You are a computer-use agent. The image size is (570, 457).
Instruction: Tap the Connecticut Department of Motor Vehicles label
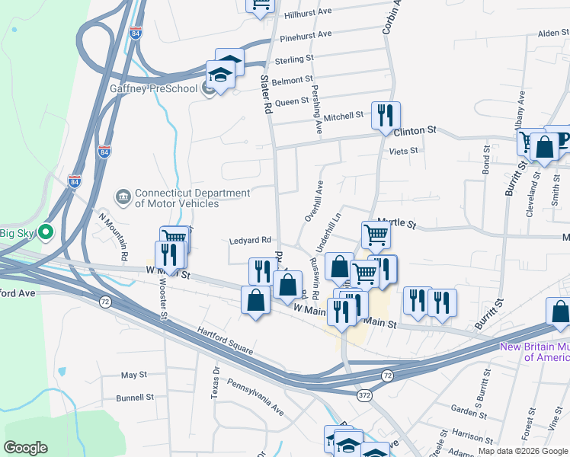tap(177, 198)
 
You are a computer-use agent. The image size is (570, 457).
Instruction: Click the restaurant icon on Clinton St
tap(385, 115)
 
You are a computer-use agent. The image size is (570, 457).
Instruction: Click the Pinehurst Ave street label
tap(306, 36)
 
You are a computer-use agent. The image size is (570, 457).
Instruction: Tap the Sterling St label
tap(294, 59)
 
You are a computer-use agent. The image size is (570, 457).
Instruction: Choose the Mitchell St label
tap(343, 116)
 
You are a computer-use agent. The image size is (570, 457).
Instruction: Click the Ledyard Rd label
tap(251, 240)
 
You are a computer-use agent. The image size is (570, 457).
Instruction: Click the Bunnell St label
tap(135, 398)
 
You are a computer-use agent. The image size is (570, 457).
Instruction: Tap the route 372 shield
tap(365, 394)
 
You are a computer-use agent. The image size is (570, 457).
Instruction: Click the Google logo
tap(25, 448)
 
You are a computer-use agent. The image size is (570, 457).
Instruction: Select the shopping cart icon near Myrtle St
tap(376, 235)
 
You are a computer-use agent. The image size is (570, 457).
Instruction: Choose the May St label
tap(133, 375)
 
